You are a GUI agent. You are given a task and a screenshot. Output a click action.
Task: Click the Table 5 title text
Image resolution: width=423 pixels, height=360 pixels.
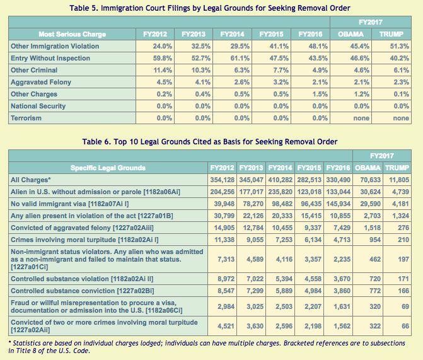(x=210, y=8)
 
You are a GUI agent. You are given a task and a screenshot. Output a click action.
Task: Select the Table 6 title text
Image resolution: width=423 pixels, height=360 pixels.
(x=210, y=142)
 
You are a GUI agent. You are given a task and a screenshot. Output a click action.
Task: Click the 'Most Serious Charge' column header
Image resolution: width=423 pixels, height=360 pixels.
(x=72, y=34)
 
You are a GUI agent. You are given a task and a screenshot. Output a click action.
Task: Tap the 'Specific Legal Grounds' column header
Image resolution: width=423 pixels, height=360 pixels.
(x=108, y=168)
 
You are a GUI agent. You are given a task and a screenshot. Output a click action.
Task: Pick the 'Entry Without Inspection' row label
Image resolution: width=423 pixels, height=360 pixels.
(x=50, y=58)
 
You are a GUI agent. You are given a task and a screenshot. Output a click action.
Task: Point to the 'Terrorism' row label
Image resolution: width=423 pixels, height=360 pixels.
(x=26, y=118)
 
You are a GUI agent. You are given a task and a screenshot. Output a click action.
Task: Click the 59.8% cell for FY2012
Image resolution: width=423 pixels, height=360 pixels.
(x=163, y=58)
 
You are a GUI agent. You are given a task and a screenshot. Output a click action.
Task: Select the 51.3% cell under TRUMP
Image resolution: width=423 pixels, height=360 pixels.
(x=400, y=46)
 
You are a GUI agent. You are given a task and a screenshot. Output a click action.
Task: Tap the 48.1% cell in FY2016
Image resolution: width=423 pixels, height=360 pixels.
(x=318, y=46)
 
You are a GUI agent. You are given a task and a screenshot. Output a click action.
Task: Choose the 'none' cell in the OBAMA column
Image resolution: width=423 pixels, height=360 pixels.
(x=361, y=118)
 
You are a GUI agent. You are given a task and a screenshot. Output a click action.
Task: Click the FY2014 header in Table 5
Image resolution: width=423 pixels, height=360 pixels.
(x=232, y=34)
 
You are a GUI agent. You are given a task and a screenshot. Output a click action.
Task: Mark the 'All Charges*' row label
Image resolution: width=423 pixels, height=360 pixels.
(x=31, y=180)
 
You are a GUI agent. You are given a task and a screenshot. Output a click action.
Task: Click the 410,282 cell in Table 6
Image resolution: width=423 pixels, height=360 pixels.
(x=281, y=180)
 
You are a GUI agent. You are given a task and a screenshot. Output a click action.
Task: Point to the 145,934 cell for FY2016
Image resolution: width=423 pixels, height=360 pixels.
(x=339, y=204)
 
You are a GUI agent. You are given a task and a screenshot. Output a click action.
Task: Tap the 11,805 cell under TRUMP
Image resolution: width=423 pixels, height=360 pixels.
(x=399, y=180)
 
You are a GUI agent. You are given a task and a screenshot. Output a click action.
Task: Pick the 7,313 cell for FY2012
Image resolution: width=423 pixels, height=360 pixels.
(x=226, y=259)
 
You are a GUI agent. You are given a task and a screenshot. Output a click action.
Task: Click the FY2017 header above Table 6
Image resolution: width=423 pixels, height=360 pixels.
(x=382, y=156)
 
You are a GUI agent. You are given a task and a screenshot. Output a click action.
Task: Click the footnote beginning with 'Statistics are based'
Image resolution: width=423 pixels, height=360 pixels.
(x=207, y=347)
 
